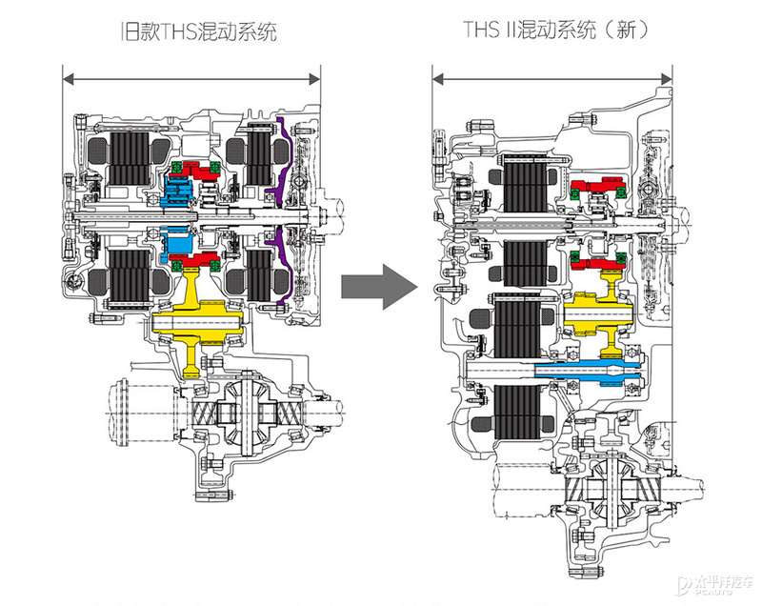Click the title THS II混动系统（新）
pos(551,31)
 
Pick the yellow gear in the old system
pos(195,324)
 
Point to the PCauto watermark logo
pos(718,583)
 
